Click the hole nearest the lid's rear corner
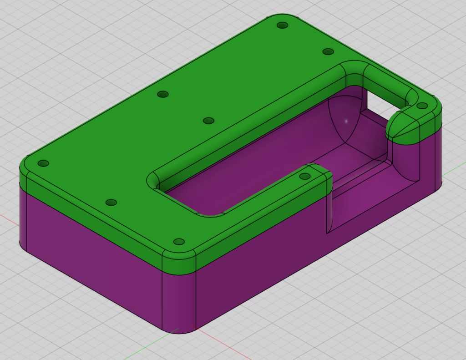click(x=282, y=25)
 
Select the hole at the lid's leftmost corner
click(x=43, y=163)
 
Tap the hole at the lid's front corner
click(x=179, y=242)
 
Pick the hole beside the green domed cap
click(x=422, y=106)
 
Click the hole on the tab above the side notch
click(x=305, y=176)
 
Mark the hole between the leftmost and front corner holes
click(x=111, y=203)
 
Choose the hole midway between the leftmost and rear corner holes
click(x=162, y=94)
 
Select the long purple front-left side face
click(x=91, y=255)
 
